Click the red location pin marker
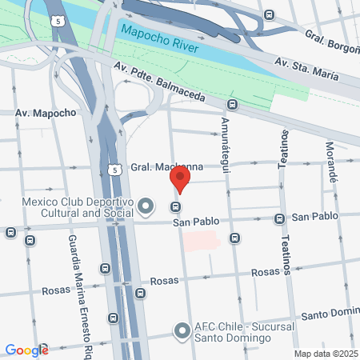[x=181, y=178]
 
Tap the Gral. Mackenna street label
[x=168, y=166]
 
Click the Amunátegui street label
[x=226, y=138]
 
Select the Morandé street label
[x=330, y=159]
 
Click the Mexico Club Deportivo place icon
[x=146, y=207]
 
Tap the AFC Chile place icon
[x=182, y=330]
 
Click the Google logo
[x=26, y=350]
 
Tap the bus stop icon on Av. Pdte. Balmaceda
[x=232, y=104]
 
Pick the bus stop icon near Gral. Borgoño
[x=269, y=15]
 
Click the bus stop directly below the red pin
[x=175, y=208]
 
